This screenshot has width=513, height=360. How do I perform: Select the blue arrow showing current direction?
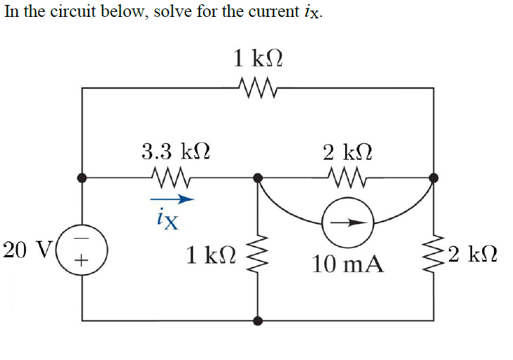[x=171, y=200]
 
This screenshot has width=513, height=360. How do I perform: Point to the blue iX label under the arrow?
[x=168, y=220]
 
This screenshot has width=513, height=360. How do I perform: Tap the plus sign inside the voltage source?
[x=83, y=261]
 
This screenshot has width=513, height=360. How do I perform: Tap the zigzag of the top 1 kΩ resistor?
[x=259, y=89]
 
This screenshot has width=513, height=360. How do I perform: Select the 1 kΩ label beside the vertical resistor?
[x=209, y=254]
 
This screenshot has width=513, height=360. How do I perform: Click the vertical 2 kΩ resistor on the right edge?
[x=433, y=252]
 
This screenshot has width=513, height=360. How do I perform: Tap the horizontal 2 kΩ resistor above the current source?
[x=346, y=180]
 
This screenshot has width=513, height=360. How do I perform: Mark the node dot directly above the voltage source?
[x=83, y=178]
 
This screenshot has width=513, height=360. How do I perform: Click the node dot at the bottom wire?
[x=258, y=321]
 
